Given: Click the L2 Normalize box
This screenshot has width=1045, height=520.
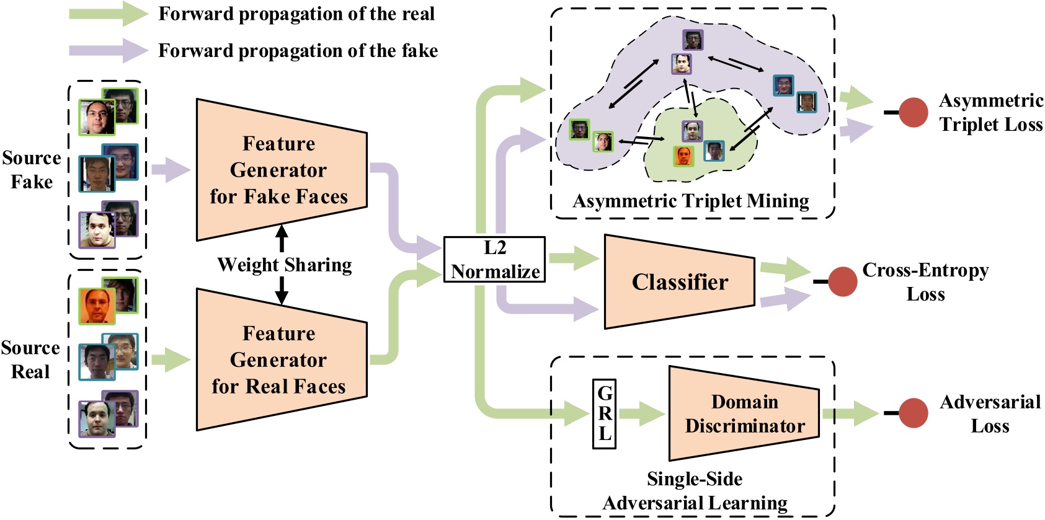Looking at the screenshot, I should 494,260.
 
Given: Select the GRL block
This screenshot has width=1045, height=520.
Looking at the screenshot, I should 604,413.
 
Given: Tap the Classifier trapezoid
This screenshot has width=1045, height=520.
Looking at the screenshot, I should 679,282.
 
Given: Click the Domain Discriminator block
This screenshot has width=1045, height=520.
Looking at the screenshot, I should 744,413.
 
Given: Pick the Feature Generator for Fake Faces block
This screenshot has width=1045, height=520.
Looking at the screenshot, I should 280,170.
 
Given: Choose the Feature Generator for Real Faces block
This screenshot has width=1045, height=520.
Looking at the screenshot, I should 280,359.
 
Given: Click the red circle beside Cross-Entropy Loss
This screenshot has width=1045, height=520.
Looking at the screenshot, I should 842,281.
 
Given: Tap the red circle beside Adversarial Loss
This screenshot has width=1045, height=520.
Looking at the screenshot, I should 913,413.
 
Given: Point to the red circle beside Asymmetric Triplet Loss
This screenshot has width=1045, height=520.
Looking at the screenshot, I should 913,112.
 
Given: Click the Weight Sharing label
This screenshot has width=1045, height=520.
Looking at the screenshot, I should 284,265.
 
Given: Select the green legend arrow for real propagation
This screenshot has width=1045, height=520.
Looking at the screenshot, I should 109,14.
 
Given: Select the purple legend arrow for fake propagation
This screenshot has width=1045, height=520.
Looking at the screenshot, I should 109,50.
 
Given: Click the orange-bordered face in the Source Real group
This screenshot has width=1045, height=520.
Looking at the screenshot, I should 97,306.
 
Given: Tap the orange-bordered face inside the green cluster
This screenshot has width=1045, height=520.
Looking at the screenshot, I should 683,156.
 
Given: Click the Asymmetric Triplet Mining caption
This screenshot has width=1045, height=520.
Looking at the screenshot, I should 690,201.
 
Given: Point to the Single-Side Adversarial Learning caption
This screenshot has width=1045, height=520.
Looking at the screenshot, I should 695,491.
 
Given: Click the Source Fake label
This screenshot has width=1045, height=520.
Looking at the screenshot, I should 32,170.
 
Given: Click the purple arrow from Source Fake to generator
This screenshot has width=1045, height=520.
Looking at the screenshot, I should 170,170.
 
